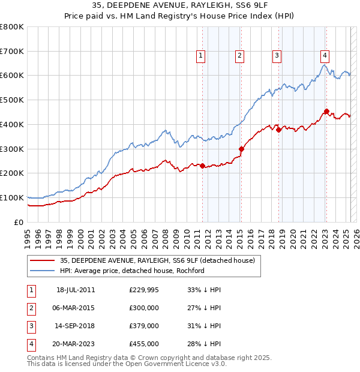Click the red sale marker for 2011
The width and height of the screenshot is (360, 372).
coord(203,166)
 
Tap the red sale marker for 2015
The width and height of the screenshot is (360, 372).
coord(241,149)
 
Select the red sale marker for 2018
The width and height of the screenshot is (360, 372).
coord(279,129)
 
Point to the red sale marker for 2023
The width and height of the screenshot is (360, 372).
coord(326,111)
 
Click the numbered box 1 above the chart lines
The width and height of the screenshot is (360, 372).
coord(200,56)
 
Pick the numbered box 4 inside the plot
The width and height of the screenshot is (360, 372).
coord(325,56)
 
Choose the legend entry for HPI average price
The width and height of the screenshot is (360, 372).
coord(132,271)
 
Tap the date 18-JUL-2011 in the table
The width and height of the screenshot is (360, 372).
coord(76,290)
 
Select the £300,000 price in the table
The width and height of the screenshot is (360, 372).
coord(144,308)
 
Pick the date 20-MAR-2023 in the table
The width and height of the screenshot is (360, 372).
coord(76,344)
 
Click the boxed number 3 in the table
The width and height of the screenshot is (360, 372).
coord(31,326)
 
